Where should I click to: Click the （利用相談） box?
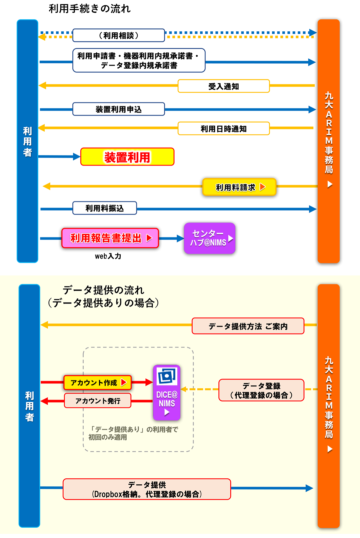click(x=119, y=35)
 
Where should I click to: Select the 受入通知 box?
click(x=223, y=86)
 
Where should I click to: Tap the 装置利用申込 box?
click(x=119, y=109)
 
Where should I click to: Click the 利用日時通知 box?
click(x=223, y=129)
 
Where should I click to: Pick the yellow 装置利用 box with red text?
click(x=127, y=157)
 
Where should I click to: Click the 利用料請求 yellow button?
click(x=239, y=187)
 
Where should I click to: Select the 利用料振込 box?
click(x=105, y=208)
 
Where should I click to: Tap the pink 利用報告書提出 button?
click(x=110, y=238)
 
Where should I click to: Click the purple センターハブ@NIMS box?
click(x=209, y=238)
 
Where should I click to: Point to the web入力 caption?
click(x=108, y=256)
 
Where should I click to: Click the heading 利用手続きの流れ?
click(x=89, y=9)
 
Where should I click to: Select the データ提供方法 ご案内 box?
click(x=248, y=326)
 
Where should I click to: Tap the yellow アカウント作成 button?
click(x=97, y=382)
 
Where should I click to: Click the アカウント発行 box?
click(x=97, y=401)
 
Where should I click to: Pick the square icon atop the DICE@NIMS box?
click(x=167, y=376)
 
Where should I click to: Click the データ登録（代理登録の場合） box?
click(x=261, y=390)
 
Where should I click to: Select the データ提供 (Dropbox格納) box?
click(x=147, y=489)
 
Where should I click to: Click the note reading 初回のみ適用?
click(x=108, y=437)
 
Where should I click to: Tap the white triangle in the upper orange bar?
click(x=330, y=184)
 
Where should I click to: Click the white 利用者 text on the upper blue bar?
click(x=27, y=142)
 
